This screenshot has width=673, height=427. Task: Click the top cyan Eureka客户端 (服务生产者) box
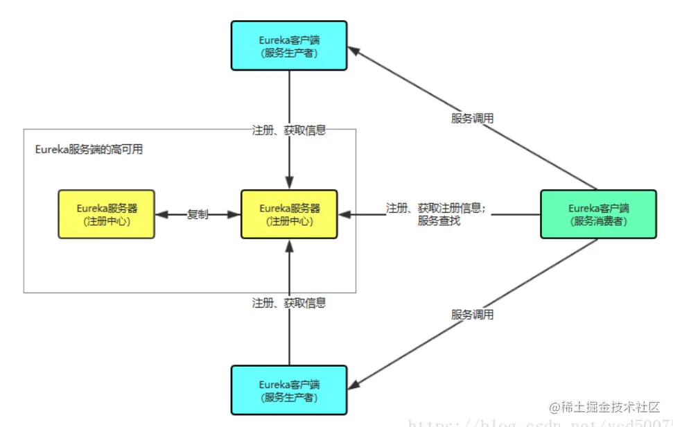coord(289,45)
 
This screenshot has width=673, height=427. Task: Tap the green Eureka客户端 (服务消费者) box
coord(597,214)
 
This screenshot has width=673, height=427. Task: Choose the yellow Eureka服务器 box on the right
coord(289,214)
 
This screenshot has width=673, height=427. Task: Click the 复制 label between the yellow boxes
coord(198,214)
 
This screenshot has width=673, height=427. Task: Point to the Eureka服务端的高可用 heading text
coord(88,149)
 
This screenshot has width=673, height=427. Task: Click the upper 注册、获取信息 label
coord(288,130)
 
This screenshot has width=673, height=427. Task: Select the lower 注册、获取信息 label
coord(288,303)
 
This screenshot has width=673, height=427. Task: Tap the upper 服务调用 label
coord(472,118)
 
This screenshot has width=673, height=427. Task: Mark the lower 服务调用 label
coord(472,314)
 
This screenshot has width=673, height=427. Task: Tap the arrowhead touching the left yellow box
coord(161,215)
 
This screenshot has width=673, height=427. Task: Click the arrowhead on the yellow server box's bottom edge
coord(290,245)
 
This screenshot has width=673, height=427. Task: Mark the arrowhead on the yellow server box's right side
coord(344,215)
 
